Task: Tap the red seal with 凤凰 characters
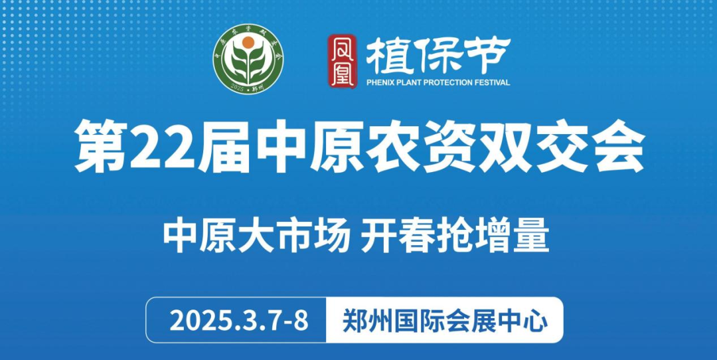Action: (x=342, y=62)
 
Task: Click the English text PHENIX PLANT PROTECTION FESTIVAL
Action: (x=438, y=83)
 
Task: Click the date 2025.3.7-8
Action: (x=239, y=321)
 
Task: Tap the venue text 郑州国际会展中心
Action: (x=445, y=321)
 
